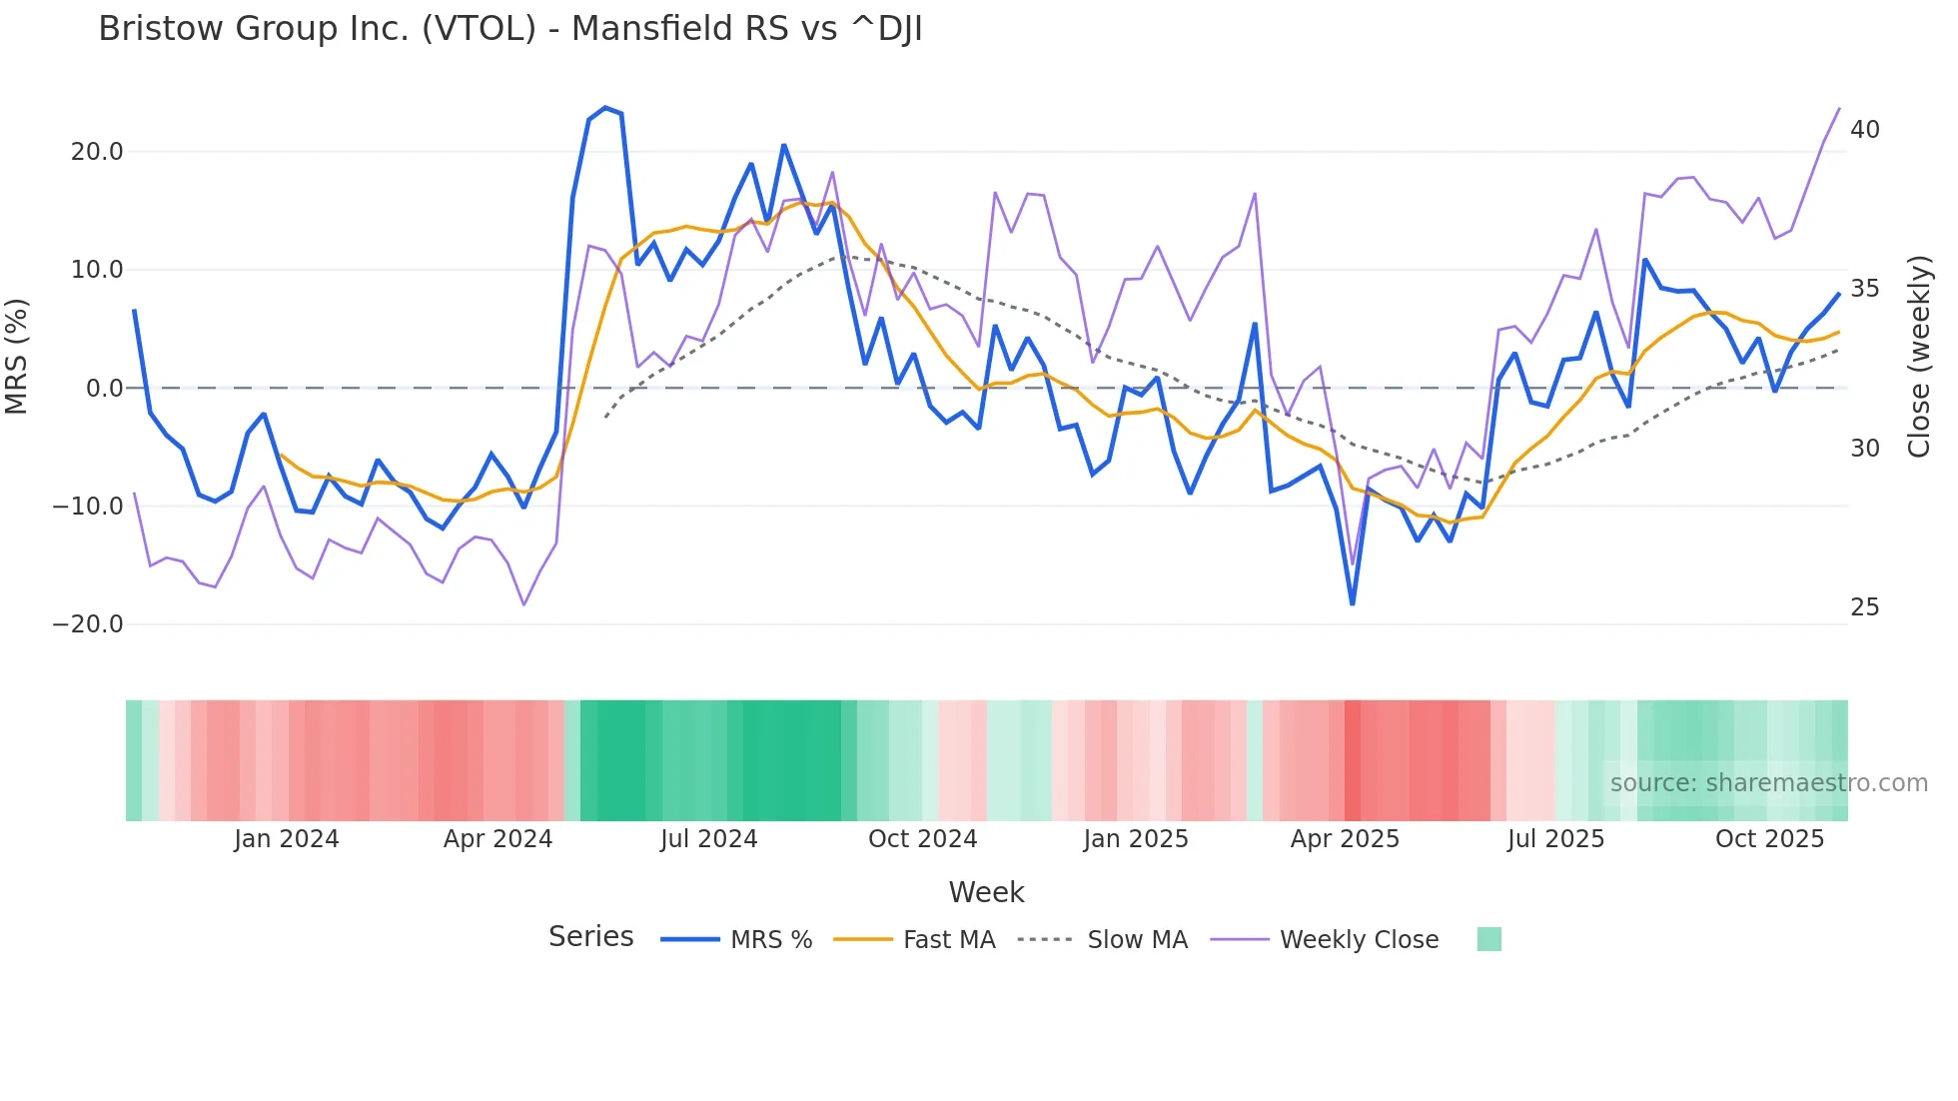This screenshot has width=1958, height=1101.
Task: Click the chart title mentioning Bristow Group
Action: click(509, 29)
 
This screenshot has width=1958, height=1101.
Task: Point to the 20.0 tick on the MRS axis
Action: click(97, 152)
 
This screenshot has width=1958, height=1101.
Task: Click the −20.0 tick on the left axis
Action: click(88, 624)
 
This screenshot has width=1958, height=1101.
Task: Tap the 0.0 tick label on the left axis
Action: click(105, 389)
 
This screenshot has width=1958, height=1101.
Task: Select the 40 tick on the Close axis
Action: click(1864, 130)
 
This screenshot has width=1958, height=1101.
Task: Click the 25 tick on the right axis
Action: click(1864, 607)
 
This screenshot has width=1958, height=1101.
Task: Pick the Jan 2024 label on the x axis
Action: click(287, 839)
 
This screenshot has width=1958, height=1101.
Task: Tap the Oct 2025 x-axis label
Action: click(1769, 839)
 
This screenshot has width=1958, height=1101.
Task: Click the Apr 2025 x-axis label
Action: click(1345, 839)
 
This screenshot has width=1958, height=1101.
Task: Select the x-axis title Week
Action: click(986, 892)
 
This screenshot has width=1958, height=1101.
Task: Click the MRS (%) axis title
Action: click(17, 357)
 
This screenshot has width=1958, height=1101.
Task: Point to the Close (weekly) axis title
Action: click(1919, 357)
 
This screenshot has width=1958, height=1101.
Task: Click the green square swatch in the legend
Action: click(1488, 939)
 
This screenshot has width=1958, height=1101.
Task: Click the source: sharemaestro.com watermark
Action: click(1768, 783)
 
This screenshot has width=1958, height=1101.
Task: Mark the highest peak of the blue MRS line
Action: click(605, 107)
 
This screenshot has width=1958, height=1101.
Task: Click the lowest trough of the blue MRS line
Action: click(1353, 603)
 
